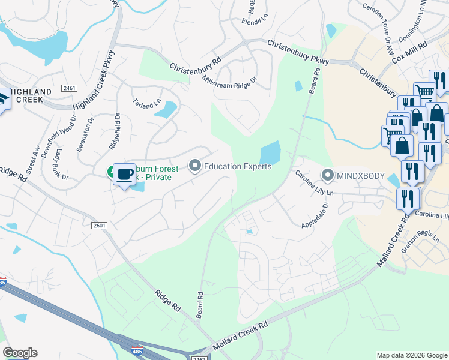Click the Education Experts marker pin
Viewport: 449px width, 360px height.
click(194, 165)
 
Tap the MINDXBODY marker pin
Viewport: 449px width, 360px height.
click(328, 176)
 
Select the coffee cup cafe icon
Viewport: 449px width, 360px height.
click(124, 175)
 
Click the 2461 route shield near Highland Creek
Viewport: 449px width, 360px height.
click(70, 88)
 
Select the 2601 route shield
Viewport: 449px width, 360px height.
click(99, 226)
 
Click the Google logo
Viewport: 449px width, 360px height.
click(20, 353)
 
